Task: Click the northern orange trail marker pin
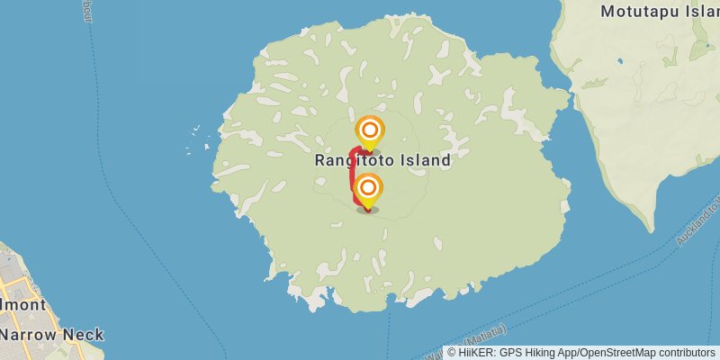coord(368,131)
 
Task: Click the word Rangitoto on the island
coord(351,160)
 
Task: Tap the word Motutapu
coord(642,12)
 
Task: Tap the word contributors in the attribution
coord(684,353)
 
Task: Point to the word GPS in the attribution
coord(511,353)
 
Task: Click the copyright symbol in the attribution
coord(452,353)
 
